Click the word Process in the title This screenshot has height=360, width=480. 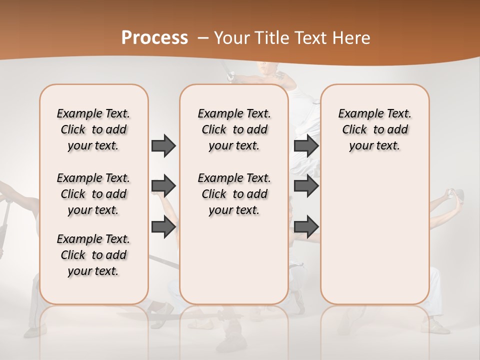[x=154, y=38]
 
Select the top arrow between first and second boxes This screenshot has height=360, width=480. [x=163, y=145]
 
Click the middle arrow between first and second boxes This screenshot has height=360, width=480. [x=163, y=186]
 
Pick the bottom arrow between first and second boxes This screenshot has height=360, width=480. [x=163, y=226]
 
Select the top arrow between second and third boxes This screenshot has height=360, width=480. [x=306, y=145]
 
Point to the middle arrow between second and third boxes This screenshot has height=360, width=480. [x=306, y=186]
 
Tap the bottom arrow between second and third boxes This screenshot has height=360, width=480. [x=306, y=226]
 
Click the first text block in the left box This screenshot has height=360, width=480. [x=93, y=129]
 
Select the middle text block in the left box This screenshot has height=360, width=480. [x=93, y=194]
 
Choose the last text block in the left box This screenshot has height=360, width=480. [x=93, y=255]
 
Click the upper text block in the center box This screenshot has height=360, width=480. [x=234, y=129]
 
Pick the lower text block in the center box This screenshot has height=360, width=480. [x=234, y=194]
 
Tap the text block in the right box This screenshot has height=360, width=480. [x=374, y=129]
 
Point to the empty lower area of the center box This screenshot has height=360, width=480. [x=234, y=260]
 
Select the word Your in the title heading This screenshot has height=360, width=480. [x=232, y=38]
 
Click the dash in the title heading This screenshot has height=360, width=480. [x=203, y=38]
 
